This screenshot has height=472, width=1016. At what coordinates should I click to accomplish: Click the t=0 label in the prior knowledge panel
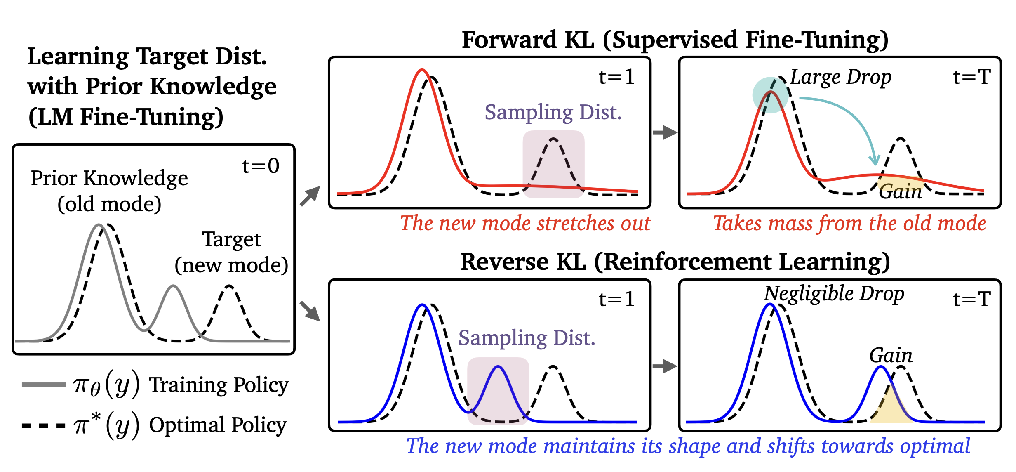[x=261, y=166]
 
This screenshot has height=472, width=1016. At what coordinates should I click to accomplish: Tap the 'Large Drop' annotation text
[x=840, y=77]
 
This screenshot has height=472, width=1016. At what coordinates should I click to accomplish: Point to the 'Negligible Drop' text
[x=834, y=294]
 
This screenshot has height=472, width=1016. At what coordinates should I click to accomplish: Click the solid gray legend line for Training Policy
[x=44, y=385]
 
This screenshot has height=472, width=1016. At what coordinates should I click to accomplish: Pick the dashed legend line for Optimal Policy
[x=44, y=425]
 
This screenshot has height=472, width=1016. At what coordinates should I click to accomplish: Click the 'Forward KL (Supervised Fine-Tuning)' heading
[x=675, y=40]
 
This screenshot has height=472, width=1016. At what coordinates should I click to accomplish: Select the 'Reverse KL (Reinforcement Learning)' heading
[x=675, y=262]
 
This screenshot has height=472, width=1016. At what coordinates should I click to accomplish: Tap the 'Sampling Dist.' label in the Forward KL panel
[x=553, y=112]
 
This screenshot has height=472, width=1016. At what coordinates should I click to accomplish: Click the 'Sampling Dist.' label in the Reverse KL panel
[x=527, y=338]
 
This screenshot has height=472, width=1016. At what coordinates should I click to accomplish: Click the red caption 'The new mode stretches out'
[x=525, y=223]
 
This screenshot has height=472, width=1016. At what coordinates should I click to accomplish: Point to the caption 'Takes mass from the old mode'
[x=849, y=223]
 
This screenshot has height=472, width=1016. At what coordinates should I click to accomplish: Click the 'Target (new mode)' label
[x=231, y=252]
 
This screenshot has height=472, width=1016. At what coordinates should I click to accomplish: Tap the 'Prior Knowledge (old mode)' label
[x=109, y=191]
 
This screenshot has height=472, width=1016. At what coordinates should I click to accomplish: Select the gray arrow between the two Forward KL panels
[x=665, y=132]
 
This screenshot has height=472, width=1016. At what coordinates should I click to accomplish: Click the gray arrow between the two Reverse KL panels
[x=665, y=366]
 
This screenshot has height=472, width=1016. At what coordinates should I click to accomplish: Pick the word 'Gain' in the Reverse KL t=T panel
[x=891, y=355]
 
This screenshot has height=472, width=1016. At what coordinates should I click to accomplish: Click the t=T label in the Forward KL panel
[x=971, y=77]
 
